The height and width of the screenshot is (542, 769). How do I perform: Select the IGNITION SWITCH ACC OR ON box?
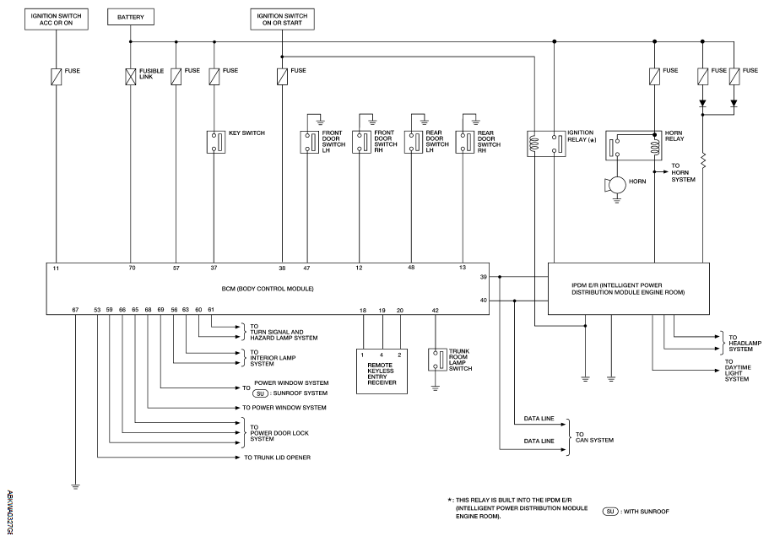(56, 19)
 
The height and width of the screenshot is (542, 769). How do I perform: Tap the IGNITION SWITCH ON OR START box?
(283, 19)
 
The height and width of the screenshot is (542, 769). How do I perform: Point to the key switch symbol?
(215, 141)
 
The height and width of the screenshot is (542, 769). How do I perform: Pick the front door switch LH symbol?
(308, 141)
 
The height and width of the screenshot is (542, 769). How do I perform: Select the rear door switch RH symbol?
(463, 141)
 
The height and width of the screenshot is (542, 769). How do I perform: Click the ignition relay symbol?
(544, 143)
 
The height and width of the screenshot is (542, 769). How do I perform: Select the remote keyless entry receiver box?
(382, 371)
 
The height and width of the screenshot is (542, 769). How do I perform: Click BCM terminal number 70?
(132, 268)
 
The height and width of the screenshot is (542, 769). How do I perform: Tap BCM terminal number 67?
(75, 310)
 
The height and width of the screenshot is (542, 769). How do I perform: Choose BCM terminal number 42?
(436, 311)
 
